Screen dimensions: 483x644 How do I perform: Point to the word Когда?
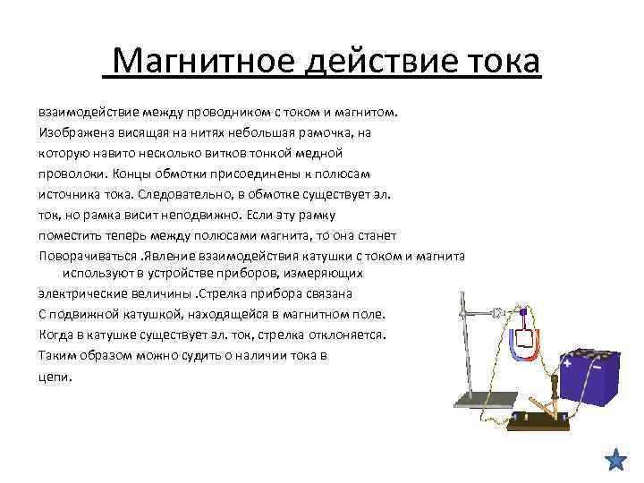55,335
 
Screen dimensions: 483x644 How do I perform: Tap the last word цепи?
55,376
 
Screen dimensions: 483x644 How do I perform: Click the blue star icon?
615,460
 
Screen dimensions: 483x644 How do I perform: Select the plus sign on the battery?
567,362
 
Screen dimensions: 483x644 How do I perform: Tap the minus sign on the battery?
596,367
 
